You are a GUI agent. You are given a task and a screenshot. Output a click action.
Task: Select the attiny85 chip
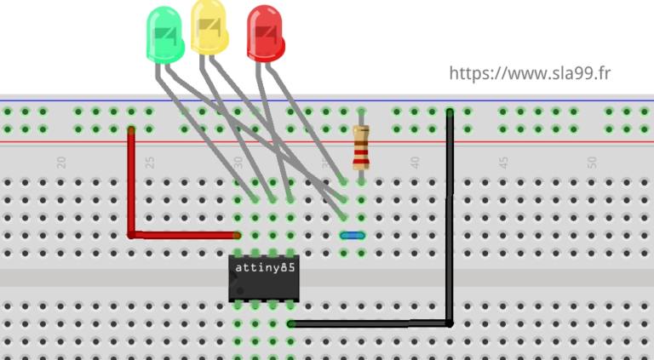pyautogui.click(x=264, y=277)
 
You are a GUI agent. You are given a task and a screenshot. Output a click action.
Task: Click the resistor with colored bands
pyautogui.click(x=361, y=146)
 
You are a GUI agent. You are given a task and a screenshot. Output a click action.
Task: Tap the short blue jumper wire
pyautogui.click(x=352, y=235)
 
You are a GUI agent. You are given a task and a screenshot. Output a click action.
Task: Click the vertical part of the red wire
pyautogui.click(x=131, y=183)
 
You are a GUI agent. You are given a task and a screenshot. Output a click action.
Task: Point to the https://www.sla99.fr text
pyautogui.click(x=530, y=74)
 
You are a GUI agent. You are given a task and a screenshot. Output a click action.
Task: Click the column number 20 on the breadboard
pyautogui.click(x=60, y=162)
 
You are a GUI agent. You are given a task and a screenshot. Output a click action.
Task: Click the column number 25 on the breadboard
pyautogui.click(x=149, y=162)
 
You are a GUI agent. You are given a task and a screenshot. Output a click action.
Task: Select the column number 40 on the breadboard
pyautogui.click(x=415, y=162)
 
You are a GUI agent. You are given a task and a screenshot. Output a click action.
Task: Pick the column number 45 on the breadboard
pyautogui.click(x=503, y=162)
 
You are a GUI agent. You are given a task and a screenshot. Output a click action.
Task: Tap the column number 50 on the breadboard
pyautogui.click(x=592, y=162)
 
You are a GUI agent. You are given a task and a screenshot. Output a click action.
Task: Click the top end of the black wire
pyautogui.click(x=450, y=112)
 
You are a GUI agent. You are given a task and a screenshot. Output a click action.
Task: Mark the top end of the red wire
pyautogui.click(x=131, y=130)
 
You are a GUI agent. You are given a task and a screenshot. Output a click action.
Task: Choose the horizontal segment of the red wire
pyautogui.click(x=184, y=235)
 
